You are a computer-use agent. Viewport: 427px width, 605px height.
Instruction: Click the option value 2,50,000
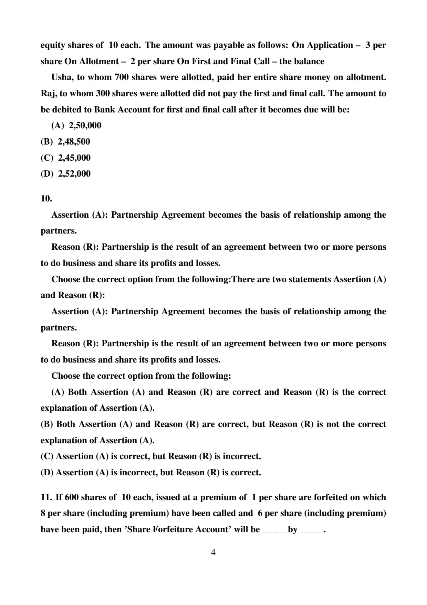pos(85,126)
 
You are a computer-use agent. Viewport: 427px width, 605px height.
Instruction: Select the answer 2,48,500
pos(74,142)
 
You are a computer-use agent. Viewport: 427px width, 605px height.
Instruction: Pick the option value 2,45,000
pos(74,158)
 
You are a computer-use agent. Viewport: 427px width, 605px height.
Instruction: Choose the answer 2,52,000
pos(74,174)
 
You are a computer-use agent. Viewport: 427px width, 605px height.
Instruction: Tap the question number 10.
pos(46,199)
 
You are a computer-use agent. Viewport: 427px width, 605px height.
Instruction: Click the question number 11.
pos(46,497)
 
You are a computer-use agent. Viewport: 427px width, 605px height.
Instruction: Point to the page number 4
pos(213,553)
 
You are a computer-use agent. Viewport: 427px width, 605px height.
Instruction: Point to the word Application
pos(330,46)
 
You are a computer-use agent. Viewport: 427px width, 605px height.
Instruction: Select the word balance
pos(309,61)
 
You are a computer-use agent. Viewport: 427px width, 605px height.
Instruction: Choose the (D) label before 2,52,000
pos(47,174)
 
